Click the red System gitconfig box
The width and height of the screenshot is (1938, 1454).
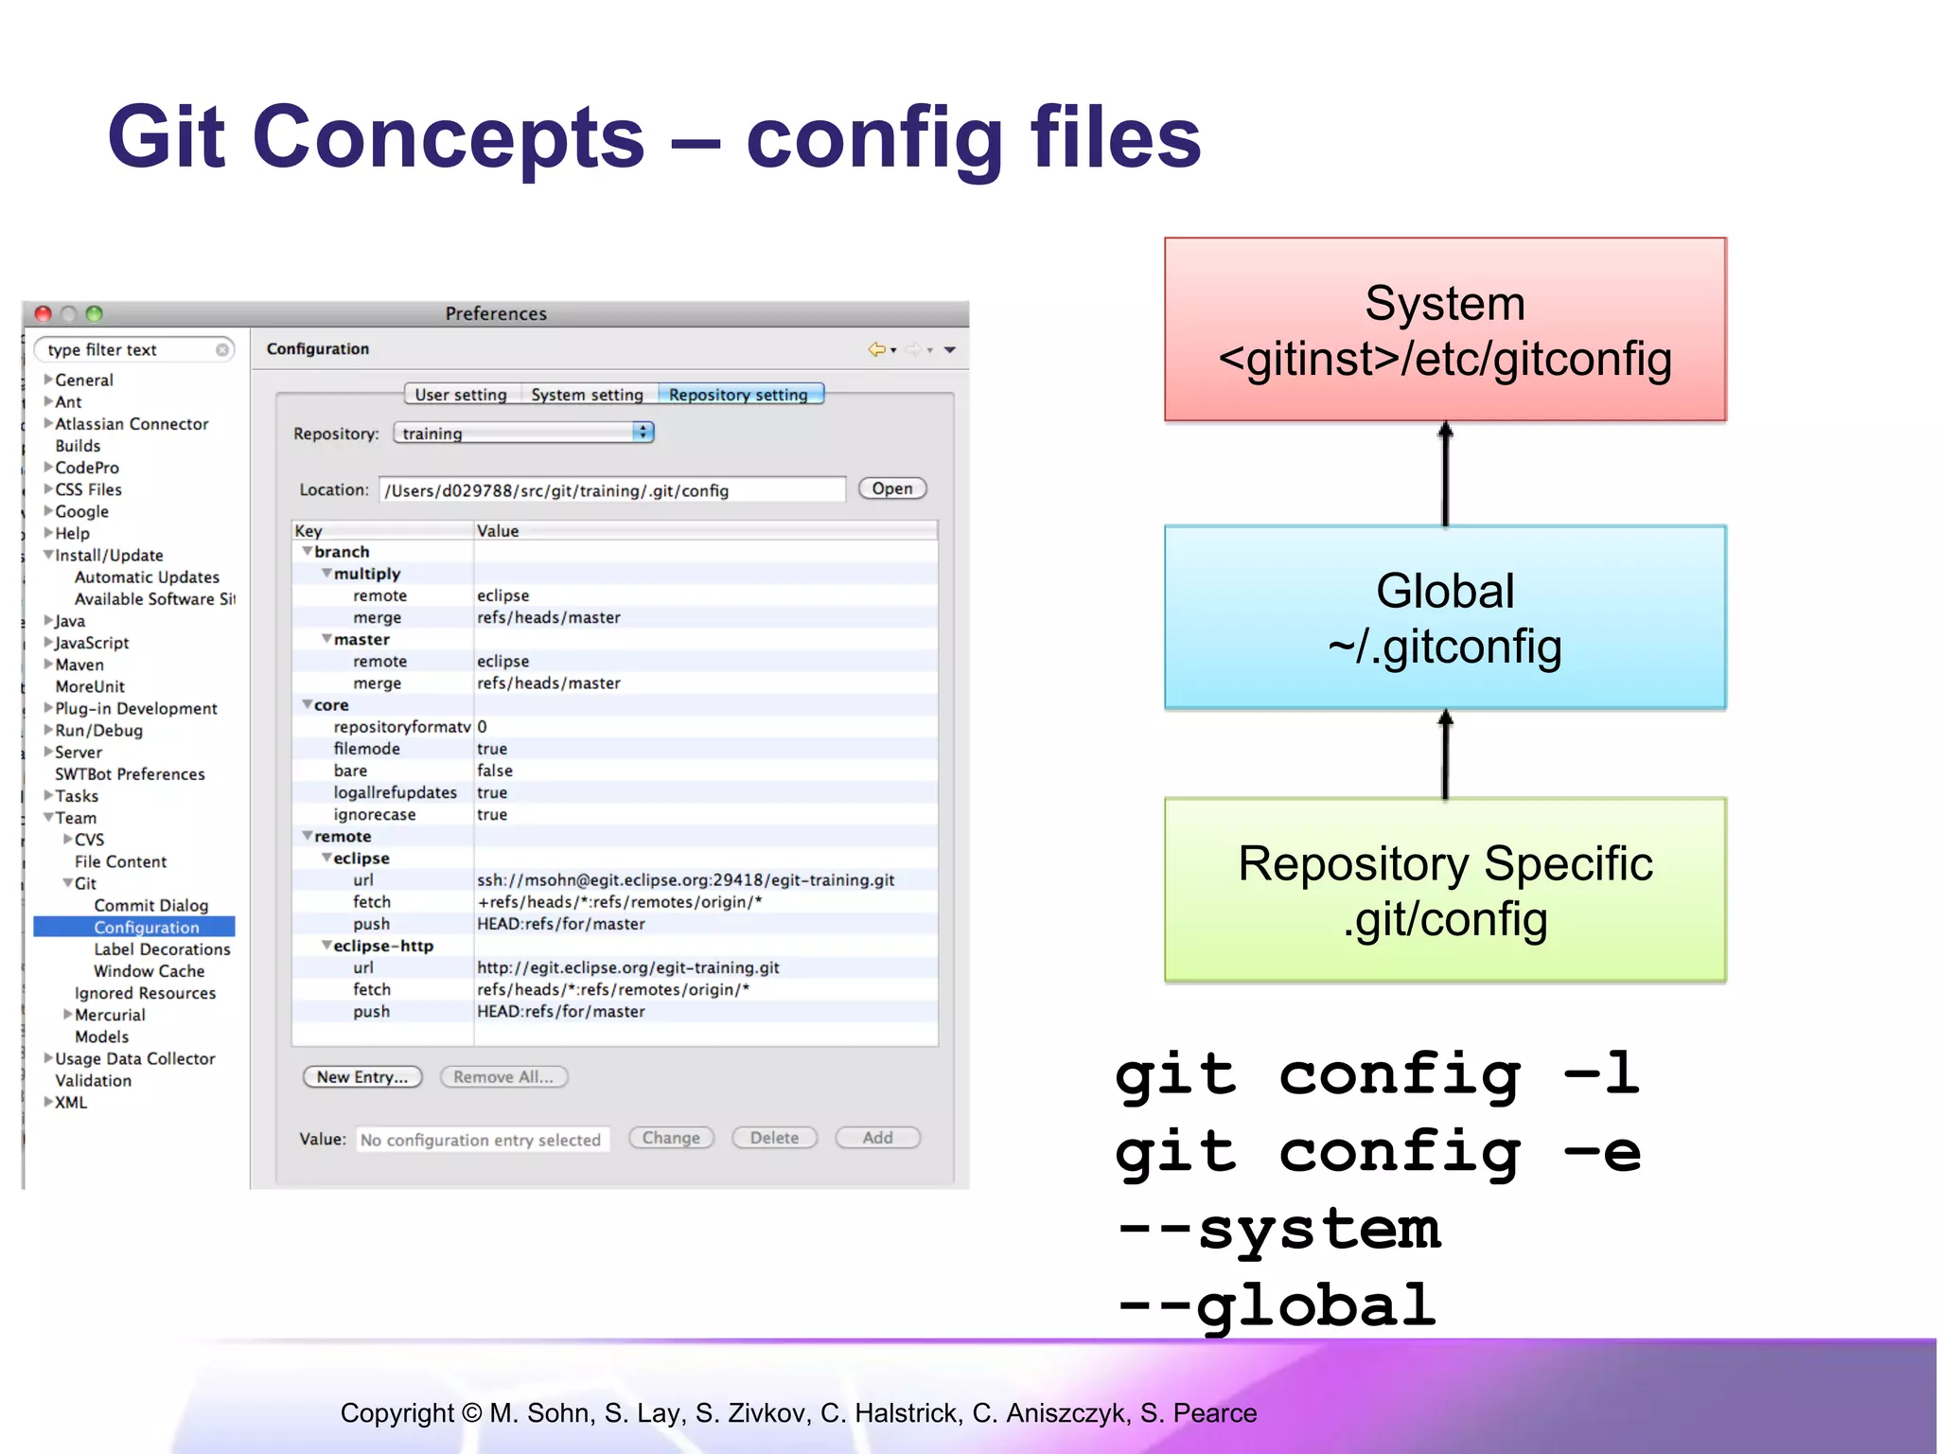coord(1445,329)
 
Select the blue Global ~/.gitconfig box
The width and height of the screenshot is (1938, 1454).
coord(1445,617)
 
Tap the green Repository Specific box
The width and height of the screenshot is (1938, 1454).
coord(1445,890)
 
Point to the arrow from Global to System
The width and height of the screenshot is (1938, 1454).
coord(1445,473)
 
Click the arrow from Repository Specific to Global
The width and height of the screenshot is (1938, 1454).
coord(1445,754)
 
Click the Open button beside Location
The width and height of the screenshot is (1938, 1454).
coord(891,488)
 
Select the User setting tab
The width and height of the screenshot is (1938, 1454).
coord(461,395)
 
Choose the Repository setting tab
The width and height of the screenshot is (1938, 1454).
coord(739,395)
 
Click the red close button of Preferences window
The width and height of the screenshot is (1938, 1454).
coord(43,313)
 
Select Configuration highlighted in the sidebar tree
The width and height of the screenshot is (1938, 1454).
coord(147,928)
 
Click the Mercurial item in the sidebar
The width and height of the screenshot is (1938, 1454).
coord(110,1015)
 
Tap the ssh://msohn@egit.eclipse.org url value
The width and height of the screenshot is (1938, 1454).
coord(685,880)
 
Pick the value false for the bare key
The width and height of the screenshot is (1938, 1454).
coord(495,771)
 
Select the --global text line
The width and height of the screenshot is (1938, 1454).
coord(1277,1306)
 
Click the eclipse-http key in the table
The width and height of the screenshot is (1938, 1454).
coord(383,946)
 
